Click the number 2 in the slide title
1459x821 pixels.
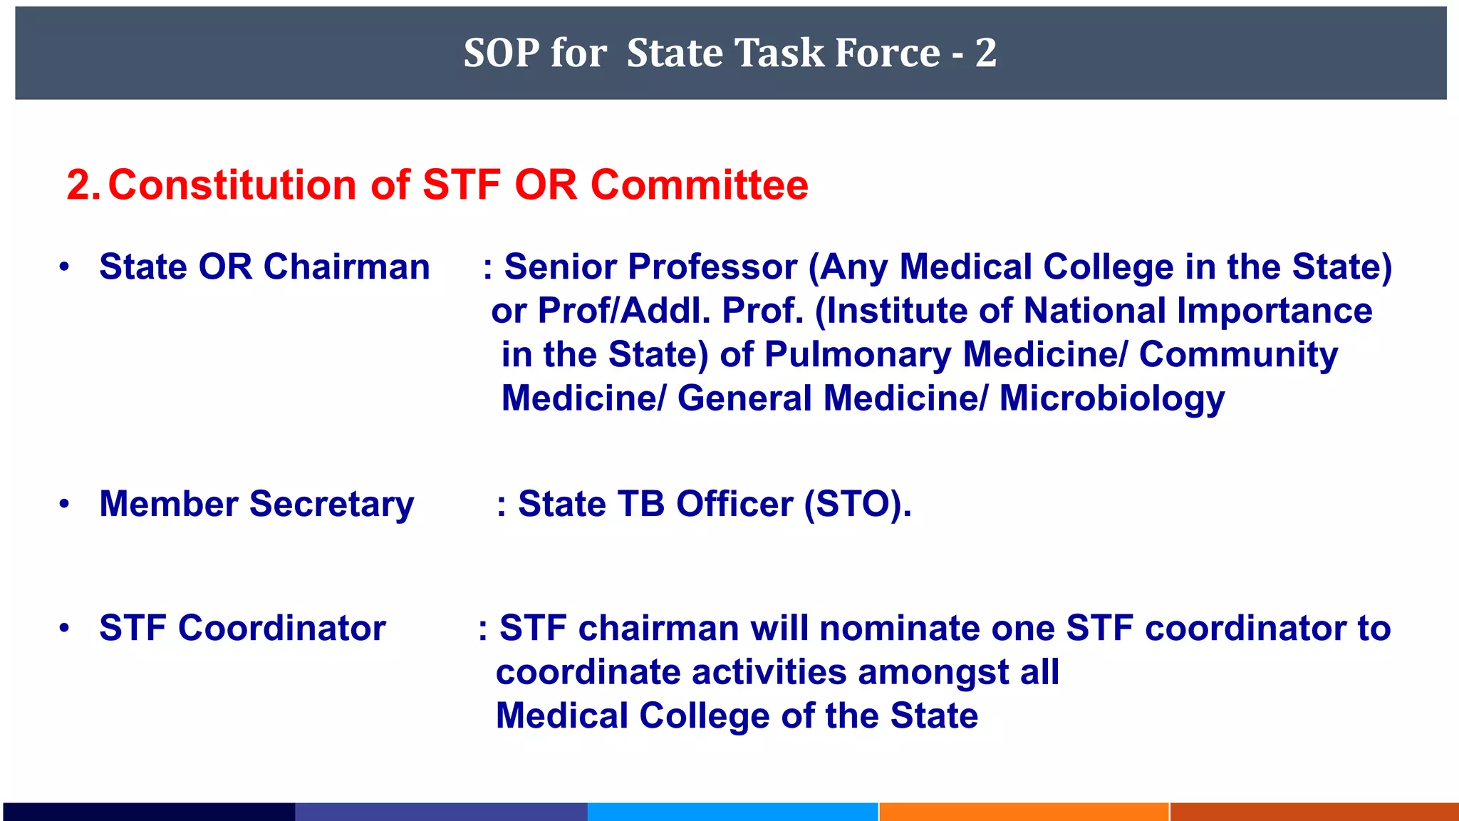[986, 53]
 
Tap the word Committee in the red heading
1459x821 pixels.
[700, 185]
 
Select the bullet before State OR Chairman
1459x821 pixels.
[65, 267]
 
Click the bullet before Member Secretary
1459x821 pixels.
[65, 504]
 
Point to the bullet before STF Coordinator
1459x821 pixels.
[65, 628]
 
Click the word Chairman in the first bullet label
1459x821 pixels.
[346, 267]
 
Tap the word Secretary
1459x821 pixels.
[331, 505]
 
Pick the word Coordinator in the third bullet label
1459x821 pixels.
[281, 628]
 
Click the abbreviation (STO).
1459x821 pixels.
[857, 505]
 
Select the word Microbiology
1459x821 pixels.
[1111, 398]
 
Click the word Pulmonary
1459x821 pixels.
[857, 355]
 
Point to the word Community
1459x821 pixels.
[1238, 355]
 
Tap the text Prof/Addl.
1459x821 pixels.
[623, 311]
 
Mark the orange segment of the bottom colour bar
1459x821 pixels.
[1024, 812]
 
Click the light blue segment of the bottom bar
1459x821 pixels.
[732, 812]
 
